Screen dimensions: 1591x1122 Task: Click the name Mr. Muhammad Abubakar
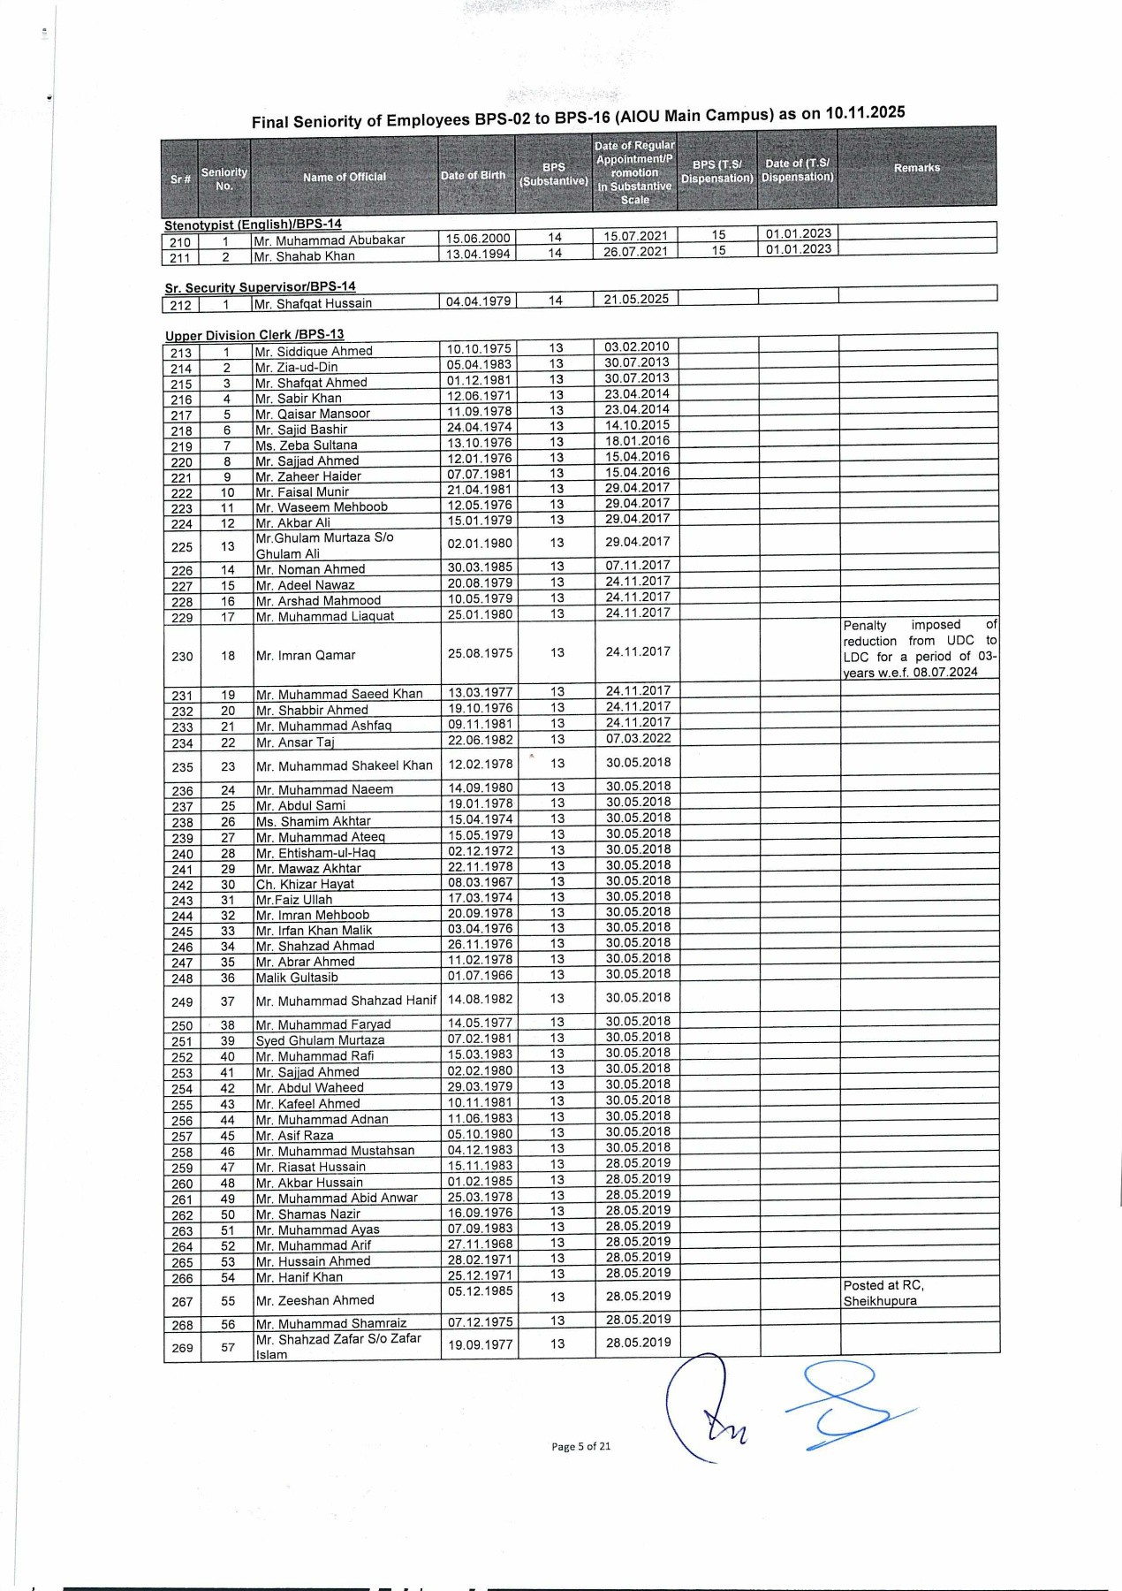click(x=329, y=240)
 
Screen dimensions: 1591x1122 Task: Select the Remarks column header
click(x=916, y=168)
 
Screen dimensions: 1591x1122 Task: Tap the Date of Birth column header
click(x=474, y=175)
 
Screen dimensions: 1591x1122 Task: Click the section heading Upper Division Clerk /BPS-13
click(x=254, y=335)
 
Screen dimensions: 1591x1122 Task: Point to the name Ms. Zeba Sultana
click(x=306, y=445)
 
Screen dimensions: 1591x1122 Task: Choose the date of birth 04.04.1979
click(x=478, y=301)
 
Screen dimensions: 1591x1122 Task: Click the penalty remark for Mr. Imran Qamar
click(x=919, y=649)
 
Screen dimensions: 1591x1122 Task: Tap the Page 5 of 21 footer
click(x=580, y=1446)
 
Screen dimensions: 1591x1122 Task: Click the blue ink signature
click(x=848, y=1405)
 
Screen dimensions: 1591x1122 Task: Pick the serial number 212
click(x=181, y=306)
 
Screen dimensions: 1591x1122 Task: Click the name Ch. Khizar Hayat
click(x=305, y=884)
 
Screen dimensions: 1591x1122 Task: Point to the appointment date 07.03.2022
click(x=638, y=738)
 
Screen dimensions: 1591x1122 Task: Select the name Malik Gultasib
click(x=297, y=978)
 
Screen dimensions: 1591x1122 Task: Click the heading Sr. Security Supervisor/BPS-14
click(x=260, y=287)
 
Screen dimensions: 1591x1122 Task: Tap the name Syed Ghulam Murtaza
click(x=320, y=1040)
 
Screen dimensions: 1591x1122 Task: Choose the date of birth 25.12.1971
click(x=480, y=1275)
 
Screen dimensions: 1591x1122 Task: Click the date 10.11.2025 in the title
click(x=865, y=112)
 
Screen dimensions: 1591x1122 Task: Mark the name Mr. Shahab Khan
click(x=304, y=256)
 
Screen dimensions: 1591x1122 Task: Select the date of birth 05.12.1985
click(x=480, y=1290)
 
